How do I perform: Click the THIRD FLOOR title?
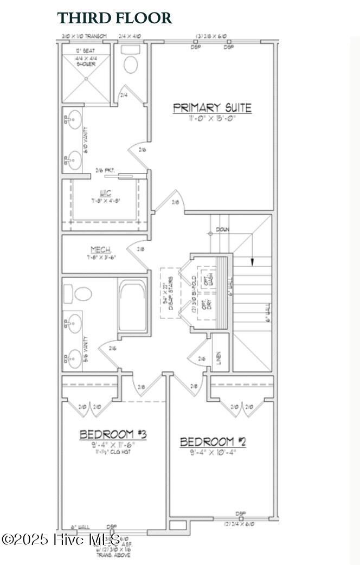(x=114, y=18)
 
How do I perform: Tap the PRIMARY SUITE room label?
(x=212, y=107)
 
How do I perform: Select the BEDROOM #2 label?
(x=213, y=442)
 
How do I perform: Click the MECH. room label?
(x=101, y=250)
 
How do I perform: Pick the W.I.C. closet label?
(x=105, y=192)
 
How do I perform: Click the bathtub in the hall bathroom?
(x=132, y=306)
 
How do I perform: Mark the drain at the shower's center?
(x=86, y=79)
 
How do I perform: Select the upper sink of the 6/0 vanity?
(x=75, y=118)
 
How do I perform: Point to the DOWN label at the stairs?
(x=222, y=230)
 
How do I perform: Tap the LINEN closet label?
(x=218, y=358)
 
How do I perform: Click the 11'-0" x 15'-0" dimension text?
(x=212, y=118)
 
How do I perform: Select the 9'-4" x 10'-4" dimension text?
(x=213, y=452)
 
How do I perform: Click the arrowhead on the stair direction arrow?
(x=252, y=263)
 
